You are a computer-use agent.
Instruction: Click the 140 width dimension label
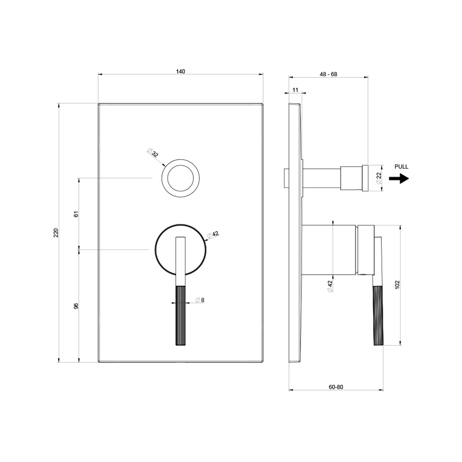(x=180, y=71)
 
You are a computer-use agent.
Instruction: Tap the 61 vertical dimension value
(x=76, y=214)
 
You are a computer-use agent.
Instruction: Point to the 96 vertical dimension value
(x=76, y=305)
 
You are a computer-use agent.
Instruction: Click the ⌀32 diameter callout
(x=153, y=154)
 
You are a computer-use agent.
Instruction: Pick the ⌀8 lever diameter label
(x=199, y=300)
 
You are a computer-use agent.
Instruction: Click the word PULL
(x=401, y=167)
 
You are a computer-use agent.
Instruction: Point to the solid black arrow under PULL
(x=399, y=178)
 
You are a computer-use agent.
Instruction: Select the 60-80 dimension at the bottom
(x=336, y=386)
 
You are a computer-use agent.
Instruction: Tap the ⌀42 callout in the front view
(x=213, y=235)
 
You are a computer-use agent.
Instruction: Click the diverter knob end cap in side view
(x=365, y=178)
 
